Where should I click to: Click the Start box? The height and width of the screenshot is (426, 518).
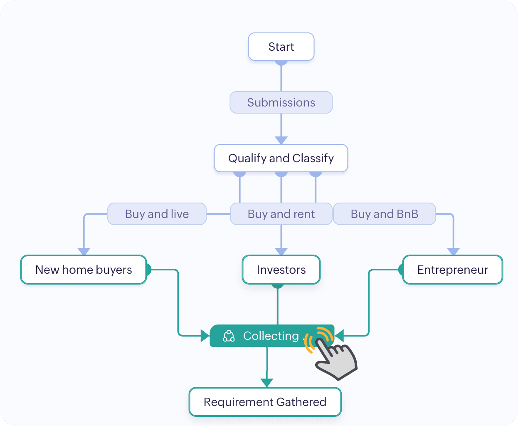(x=281, y=47)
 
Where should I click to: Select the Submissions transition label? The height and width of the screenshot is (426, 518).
(x=281, y=102)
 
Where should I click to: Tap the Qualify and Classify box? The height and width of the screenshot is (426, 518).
(x=281, y=158)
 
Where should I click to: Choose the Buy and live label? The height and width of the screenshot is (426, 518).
(x=157, y=214)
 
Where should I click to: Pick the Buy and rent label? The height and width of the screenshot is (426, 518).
(x=281, y=214)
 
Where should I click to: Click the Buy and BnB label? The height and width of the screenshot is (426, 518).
(x=384, y=214)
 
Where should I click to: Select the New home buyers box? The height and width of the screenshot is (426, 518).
(x=84, y=270)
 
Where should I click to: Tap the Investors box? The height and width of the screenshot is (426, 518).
(x=281, y=270)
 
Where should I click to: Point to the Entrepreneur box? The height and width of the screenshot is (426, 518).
(x=453, y=270)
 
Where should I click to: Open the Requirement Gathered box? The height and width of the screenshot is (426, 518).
(x=265, y=402)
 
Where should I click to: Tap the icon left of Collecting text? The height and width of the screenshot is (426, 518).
(x=229, y=336)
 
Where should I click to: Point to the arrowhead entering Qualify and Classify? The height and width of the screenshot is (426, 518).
(x=281, y=140)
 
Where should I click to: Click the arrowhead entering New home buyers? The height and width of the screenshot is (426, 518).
(x=84, y=251)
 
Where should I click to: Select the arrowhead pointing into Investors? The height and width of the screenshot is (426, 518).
(x=281, y=251)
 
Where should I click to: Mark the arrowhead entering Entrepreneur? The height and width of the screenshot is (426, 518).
(x=453, y=251)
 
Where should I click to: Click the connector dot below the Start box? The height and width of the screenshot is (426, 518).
(x=281, y=63)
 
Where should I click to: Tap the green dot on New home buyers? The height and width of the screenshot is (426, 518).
(x=148, y=270)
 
